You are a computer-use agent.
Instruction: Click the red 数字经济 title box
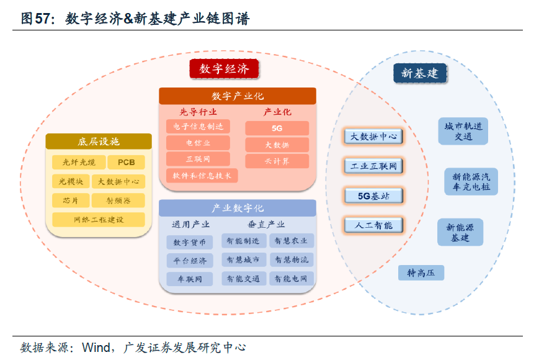[224, 69]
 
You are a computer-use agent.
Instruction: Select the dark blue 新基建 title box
[420, 73]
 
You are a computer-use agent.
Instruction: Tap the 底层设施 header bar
[99, 142]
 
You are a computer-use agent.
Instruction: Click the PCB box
[126, 163]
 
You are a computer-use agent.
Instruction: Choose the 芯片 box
[70, 200]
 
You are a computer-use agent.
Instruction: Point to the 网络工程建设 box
[99, 220]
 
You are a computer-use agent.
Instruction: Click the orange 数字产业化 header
[238, 96]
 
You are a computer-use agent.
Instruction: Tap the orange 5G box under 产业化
[277, 128]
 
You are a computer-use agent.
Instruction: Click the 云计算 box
[277, 161]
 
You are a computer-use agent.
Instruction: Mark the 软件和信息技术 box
[202, 176]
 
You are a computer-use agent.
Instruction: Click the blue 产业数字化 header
[238, 208]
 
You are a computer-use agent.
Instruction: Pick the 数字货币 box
[189, 242]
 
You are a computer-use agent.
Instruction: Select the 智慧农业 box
[292, 241]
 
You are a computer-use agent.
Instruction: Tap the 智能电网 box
[292, 279]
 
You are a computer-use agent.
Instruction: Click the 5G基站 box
[373, 196]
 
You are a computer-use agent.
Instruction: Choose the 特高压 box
[421, 272]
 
